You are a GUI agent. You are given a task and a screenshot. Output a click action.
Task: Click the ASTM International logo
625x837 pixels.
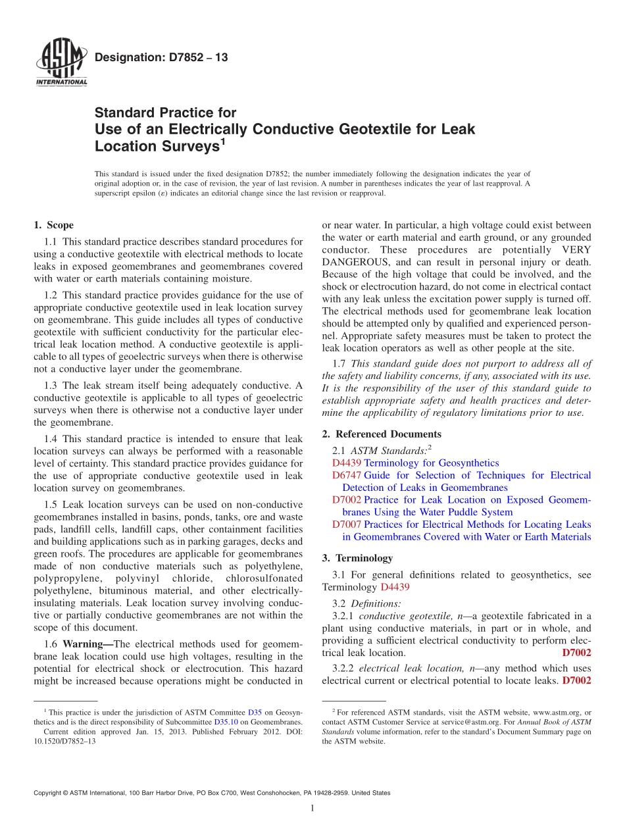coord(61,63)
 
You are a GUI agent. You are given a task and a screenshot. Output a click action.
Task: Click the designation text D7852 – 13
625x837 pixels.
coord(161,58)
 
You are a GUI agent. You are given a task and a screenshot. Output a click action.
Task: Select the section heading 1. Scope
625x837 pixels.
coord(54,225)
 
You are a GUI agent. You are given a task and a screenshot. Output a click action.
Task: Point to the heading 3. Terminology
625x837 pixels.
coord(357,558)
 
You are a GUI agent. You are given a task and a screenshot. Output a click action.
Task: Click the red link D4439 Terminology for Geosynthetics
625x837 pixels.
coord(415,463)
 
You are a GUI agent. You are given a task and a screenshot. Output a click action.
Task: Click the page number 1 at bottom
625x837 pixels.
coord(312,809)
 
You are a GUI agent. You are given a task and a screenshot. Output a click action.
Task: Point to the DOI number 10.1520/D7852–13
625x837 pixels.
coord(64,741)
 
